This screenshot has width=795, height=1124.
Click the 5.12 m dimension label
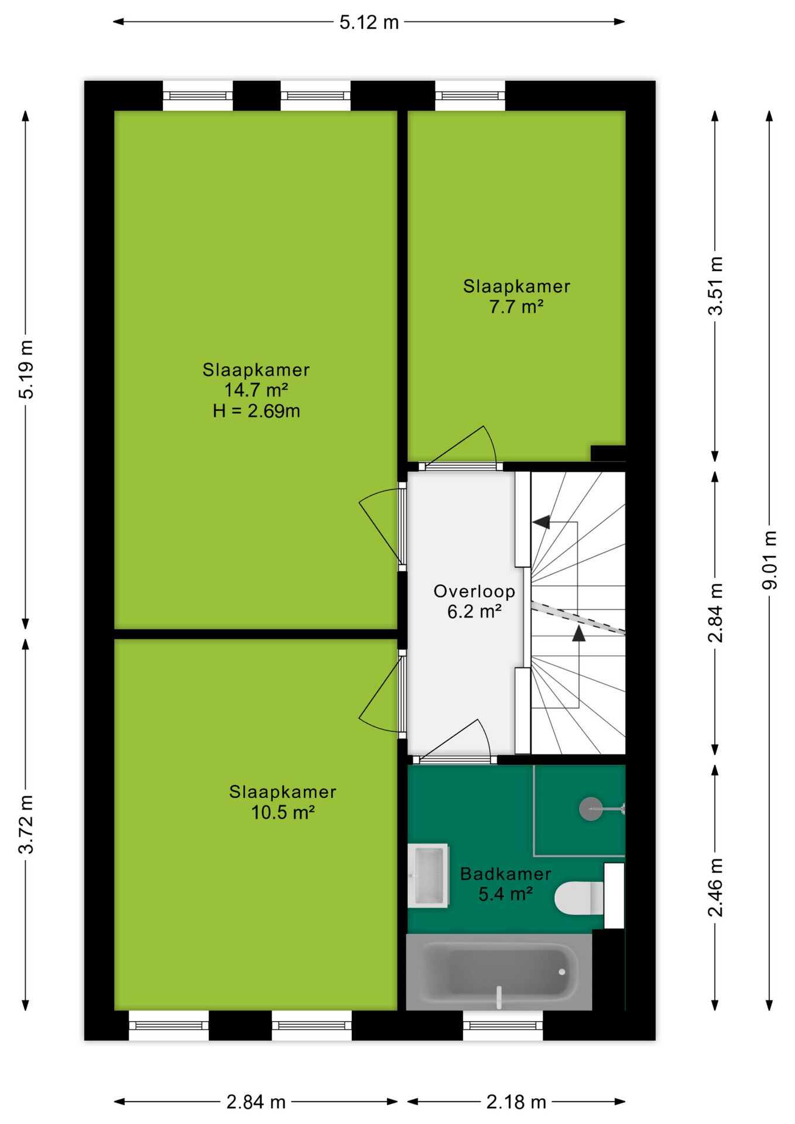pos(369,22)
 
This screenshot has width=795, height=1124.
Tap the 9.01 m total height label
pos(769,560)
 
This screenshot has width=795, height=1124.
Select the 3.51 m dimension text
pos(715,286)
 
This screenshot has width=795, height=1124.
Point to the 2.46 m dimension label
pos(715,887)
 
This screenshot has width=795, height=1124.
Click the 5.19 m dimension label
pos(26,369)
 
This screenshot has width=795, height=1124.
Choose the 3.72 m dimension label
pos(26,824)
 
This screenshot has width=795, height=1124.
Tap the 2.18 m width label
pos(516,1102)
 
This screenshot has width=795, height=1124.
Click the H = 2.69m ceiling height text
pos(256,411)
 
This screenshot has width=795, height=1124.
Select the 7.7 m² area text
pos(516,306)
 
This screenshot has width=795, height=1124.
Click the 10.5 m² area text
pos(283,813)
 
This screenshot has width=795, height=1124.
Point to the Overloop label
pos(474,591)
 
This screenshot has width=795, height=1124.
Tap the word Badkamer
pos(506,874)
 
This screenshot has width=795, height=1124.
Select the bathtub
pos(499,972)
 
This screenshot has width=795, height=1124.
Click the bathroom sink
pos(428,876)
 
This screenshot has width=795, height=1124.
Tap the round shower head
pos(591,809)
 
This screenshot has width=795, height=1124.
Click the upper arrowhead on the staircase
pos(542,522)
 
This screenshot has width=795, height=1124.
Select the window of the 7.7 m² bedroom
pos(470,96)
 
